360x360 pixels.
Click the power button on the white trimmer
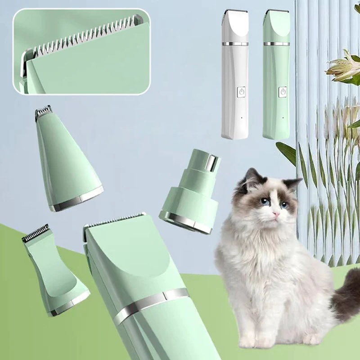pos(241,93)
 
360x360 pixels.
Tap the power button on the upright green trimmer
pos(283,92)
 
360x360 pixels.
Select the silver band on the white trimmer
pos(235,44)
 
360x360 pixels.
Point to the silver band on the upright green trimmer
pos(276,44)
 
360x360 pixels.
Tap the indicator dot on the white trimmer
pos(242,118)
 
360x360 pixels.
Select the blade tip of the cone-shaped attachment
pos(44,110)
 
